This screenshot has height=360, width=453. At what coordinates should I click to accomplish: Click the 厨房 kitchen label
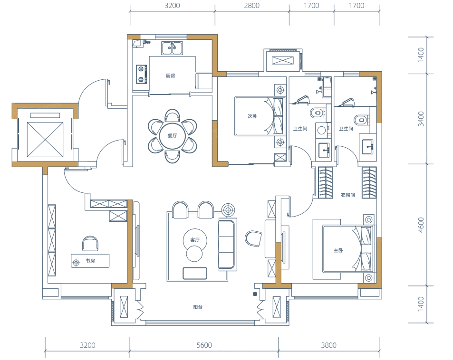(171, 76)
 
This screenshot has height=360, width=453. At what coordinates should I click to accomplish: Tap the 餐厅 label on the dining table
(172, 136)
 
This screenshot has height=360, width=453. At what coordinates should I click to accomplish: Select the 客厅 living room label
(195, 240)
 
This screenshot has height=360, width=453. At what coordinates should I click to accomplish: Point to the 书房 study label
(90, 261)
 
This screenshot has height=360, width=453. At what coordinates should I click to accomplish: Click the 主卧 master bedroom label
(338, 250)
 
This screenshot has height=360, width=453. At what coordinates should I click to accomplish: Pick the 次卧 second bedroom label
(252, 116)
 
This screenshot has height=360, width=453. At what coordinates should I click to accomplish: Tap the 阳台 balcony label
(198, 307)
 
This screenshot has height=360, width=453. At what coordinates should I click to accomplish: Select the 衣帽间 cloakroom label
(347, 195)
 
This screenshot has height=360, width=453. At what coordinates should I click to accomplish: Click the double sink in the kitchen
(172, 48)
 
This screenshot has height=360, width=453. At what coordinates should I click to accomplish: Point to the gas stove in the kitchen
(141, 74)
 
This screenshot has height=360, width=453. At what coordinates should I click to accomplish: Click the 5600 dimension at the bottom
(204, 345)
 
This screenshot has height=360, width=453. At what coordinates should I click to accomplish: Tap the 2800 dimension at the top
(251, 6)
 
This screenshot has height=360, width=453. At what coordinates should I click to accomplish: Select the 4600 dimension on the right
(421, 225)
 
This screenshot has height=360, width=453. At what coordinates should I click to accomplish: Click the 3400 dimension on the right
(421, 119)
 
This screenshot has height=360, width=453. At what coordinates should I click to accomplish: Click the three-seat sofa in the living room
(228, 244)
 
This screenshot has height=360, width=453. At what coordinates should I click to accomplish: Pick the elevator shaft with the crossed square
(45, 140)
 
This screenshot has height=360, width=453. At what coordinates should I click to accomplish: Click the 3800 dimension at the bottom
(329, 345)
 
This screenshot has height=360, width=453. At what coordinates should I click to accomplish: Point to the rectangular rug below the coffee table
(195, 273)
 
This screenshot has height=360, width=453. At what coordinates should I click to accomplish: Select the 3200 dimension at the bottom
(87, 345)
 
